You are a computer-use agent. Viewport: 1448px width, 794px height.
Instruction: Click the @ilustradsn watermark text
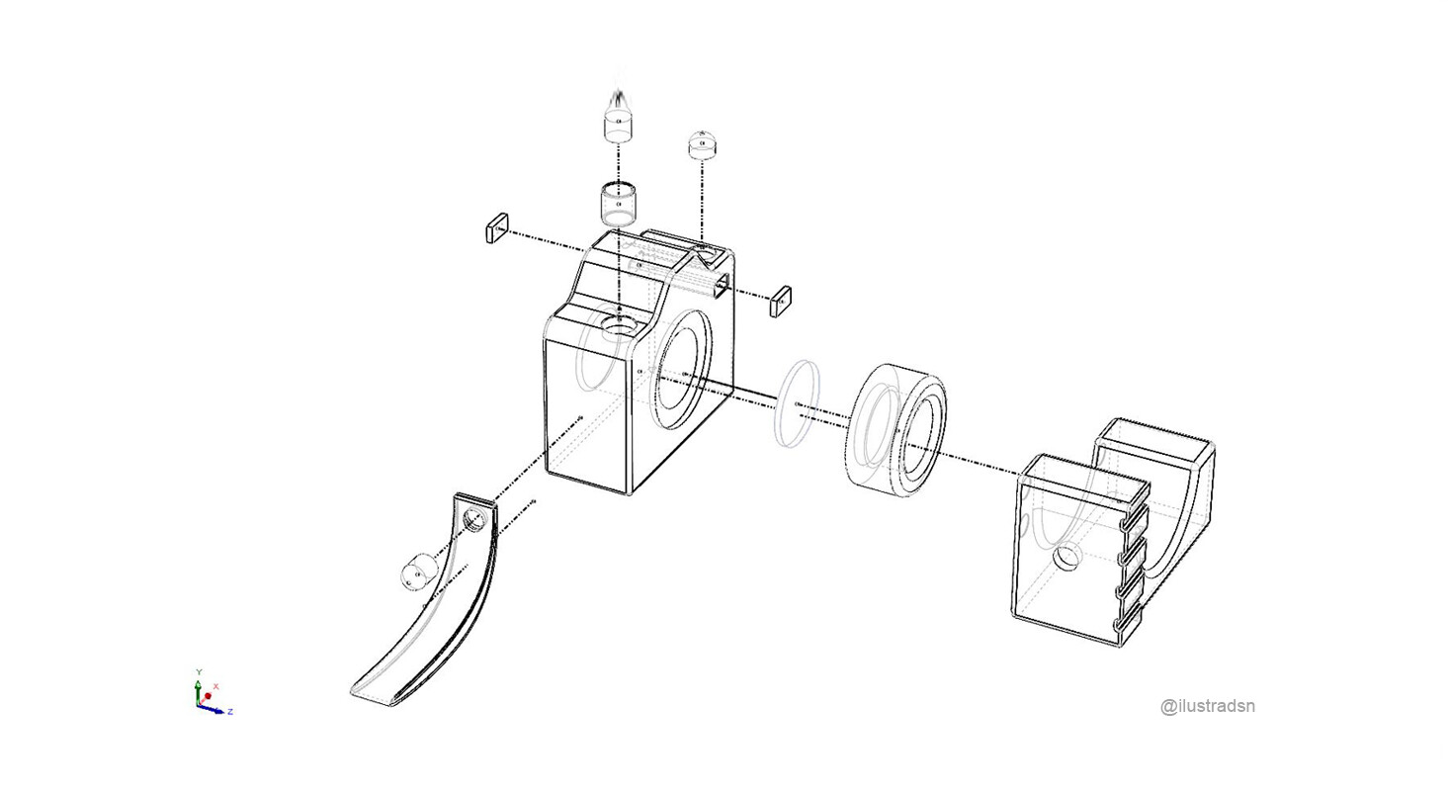coord(1208,706)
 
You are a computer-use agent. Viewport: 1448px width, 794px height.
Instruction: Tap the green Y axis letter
coord(199,672)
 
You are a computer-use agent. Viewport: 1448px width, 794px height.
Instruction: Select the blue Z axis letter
coord(230,712)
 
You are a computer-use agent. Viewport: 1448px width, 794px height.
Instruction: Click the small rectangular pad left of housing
coord(496,227)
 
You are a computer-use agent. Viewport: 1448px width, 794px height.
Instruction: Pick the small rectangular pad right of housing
coord(780,301)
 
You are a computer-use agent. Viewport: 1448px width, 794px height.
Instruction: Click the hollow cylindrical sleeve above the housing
coord(618,204)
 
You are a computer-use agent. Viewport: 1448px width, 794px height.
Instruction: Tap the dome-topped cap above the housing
coord(703,144)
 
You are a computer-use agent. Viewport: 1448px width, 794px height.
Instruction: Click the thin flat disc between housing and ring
coord(797,403)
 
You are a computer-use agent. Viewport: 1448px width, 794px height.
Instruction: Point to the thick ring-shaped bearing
coord(895,430)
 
